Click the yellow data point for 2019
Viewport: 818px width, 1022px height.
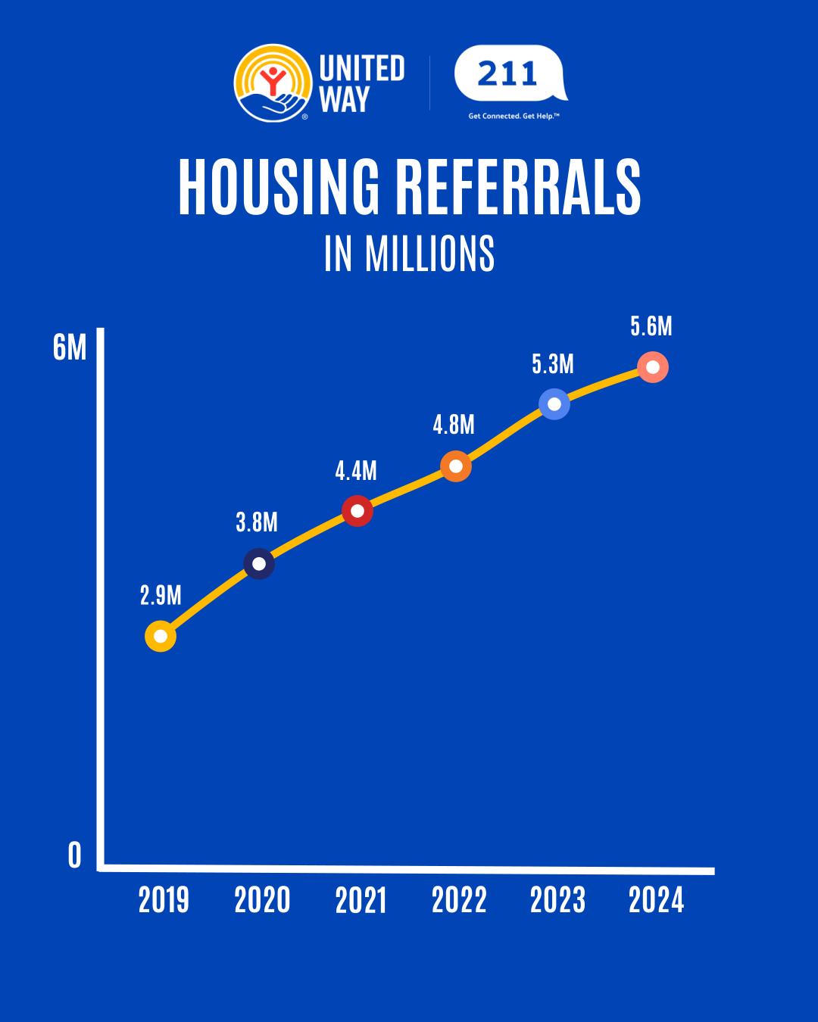(x=161, y=636)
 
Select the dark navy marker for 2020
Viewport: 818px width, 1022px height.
(x=259, y=564)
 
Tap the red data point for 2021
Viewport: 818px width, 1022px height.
(x=357, y=511)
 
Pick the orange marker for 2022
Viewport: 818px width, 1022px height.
(x=456, y=466)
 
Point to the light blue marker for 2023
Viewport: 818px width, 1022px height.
(x=554, y=404)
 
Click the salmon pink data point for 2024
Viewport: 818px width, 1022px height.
(x=653, y=367)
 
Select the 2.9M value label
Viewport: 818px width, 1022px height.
(x=161, y=596)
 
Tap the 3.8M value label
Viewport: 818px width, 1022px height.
(x=257, y=522)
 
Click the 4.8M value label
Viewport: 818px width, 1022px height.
(x=454, y=425)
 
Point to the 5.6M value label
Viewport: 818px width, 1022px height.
(x=651, y=326)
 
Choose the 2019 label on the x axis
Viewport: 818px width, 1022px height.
(x=164, y=900)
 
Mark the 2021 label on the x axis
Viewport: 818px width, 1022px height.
(x=361, y=900)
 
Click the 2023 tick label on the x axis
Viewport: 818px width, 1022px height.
(x=557, y=900)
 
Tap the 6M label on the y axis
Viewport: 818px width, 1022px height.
(x=70, y=348)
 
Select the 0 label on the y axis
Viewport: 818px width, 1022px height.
(x=74, y=855)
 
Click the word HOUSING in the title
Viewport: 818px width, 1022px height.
(x=279, y=187)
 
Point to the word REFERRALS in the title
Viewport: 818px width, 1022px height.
(x=519, y=187)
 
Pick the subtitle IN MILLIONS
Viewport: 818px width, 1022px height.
(x=409, y=254)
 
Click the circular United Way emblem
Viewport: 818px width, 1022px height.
(x=273, y=83)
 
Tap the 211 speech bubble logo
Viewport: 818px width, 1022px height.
(x=509, y=74)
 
